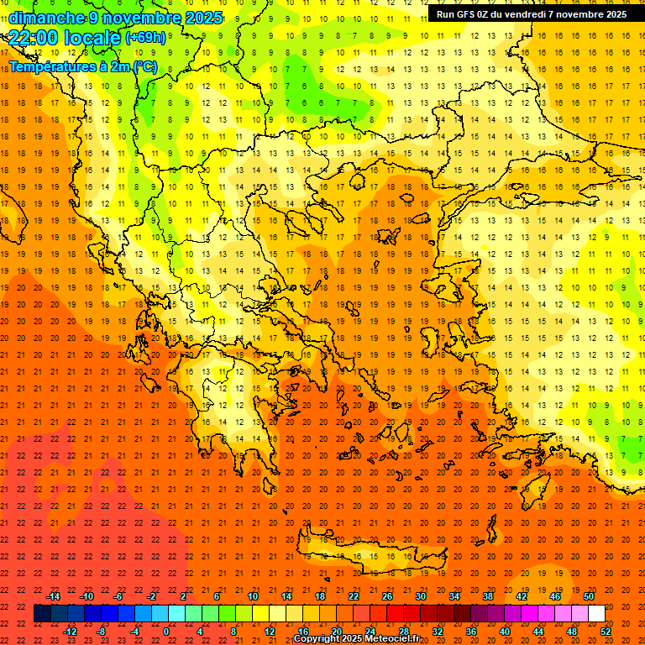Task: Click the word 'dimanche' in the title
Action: [45, 18]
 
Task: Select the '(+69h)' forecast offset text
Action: [145, 38]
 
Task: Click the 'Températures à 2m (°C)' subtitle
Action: [82, 66]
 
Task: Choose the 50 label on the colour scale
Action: [588, 595]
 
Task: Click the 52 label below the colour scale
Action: [606, 631]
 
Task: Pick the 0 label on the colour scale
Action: [167, 631]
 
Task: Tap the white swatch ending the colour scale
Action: [596, 614]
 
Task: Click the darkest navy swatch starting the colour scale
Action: [42, 614]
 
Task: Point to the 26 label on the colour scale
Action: [387, 595]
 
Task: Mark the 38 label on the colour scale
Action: [487, 595]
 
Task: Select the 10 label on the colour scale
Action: [252, 595]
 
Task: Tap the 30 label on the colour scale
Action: [420, 595]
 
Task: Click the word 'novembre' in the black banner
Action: [567, 14]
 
